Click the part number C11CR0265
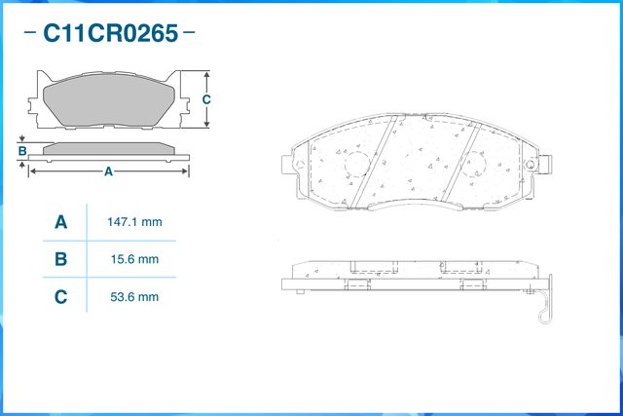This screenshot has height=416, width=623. [x=109, y=34]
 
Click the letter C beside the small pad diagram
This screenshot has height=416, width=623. [x=206, y=100]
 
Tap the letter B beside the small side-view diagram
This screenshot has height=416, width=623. [x=21, y=150]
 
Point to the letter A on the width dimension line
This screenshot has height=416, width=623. [x=108, y=171]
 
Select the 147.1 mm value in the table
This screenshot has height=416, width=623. [x=133, y=222]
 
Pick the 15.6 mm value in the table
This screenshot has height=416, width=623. [x=133, y=259]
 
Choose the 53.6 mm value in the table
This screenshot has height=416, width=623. [x=133, y=296]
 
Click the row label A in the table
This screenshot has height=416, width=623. [x=60, y=222]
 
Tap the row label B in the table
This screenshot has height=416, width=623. [x=60, y=259]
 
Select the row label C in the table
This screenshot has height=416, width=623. [x=60, y=296]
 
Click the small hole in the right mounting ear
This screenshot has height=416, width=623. [x=531, y=161]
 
